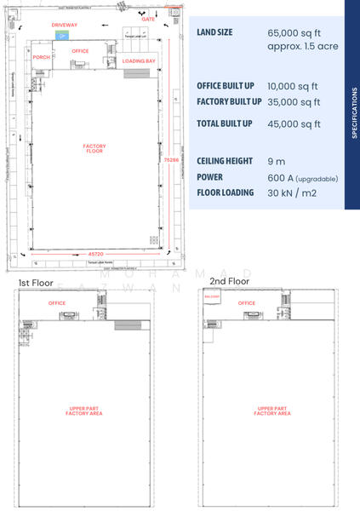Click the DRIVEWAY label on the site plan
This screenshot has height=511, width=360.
[x=64, y=25]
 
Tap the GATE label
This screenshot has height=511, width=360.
[x=148, y=18]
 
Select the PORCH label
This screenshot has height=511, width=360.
[x=41, y=58]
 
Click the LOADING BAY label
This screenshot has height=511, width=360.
[x=138, y=61]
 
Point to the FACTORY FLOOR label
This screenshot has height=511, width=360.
[x=94, y=148]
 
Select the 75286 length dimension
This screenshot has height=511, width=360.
[x=171, y=159]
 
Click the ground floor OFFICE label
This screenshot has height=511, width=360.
[x=80, y=51]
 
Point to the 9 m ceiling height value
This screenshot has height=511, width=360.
[x=276, y=161]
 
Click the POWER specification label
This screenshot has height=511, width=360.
[x=210, y=177]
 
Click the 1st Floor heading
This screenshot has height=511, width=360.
[x=37, y=282]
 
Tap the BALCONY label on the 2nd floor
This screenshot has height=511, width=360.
[x=212, y=296]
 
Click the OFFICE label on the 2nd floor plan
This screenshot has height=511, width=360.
[x=247, y=303]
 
